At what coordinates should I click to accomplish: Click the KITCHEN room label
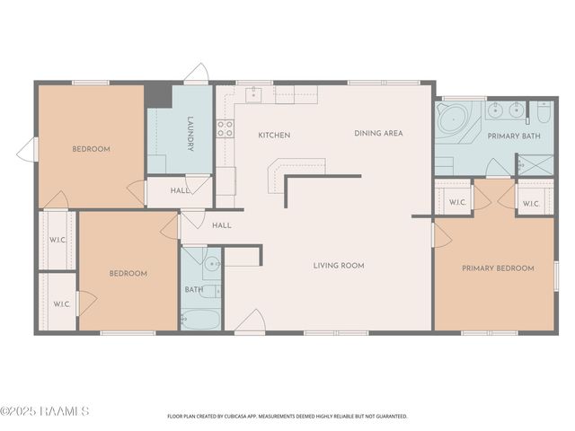[x=274, y=136]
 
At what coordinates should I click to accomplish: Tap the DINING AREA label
[x=378, y=134]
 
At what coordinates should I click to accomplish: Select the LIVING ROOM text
[x=339, y=266]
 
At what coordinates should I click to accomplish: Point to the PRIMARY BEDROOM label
[x=498, y=268]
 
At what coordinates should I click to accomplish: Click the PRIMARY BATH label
[x=514, y=136]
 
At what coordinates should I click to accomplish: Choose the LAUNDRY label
[x=190, y=134]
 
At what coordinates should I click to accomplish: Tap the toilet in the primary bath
[x=544, y=112]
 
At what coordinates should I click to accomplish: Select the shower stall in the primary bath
[x=535, y=165]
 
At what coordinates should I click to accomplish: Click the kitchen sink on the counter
[x=253, y=95]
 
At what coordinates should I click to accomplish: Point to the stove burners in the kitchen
[x=225, y=128]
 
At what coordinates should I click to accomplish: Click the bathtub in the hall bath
[x=200, y=320]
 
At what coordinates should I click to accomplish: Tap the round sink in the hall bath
[x=212, y=263]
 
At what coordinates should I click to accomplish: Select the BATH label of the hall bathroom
[x=194, y=289]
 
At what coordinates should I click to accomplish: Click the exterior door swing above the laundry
[x=197, y=72]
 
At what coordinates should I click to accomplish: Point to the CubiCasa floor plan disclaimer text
[x=287, y=417]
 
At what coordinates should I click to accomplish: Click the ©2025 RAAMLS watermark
[x=44, y=411]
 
